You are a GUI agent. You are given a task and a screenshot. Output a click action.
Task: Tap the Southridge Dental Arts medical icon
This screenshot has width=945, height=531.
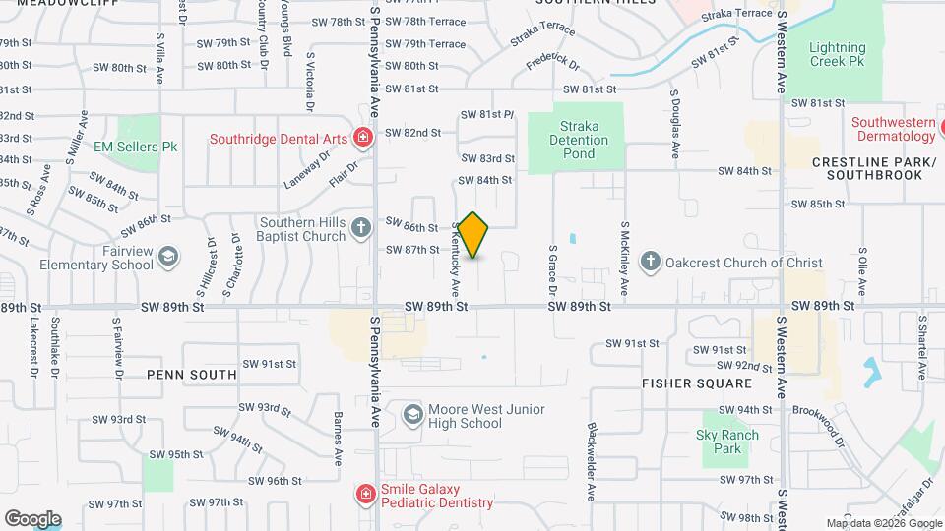coord(362,138)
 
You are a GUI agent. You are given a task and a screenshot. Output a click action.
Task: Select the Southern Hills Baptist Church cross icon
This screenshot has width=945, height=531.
coord(361,229)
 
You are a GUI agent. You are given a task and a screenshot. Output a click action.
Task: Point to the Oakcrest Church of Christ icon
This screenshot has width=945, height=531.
coord(650,262)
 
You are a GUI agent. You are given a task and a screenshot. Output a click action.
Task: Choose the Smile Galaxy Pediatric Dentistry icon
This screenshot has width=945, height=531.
coord(365,494)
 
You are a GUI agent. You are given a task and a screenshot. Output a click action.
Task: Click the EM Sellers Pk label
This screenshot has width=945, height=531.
coord(136,147)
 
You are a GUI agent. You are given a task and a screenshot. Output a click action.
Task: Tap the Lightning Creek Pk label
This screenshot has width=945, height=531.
coord(838,54)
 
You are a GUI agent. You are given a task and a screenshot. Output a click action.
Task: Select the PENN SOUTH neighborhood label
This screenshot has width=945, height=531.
coord(191,375)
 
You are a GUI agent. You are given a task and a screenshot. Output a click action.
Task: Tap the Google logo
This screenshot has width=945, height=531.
coord(32,518)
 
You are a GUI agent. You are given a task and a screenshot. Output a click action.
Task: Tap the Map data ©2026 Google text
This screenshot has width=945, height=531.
coord(883,523)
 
